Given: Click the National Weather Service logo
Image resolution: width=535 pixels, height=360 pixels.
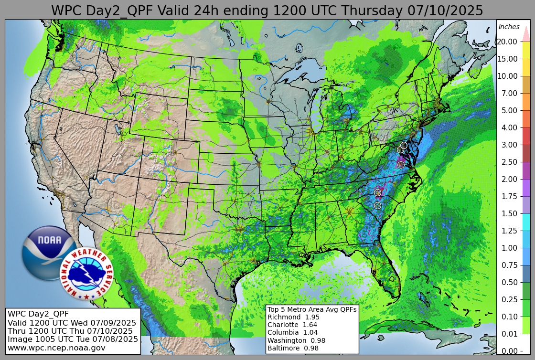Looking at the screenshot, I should [x=86, y=274].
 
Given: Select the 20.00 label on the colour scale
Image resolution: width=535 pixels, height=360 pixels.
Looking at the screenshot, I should [x=507, y=42].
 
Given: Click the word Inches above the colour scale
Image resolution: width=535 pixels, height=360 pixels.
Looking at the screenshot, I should [x=509, y=27].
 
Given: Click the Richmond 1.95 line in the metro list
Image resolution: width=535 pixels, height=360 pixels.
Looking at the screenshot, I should [x=293, y=317].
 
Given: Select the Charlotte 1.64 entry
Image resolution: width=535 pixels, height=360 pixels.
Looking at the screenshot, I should [x=293, y=325].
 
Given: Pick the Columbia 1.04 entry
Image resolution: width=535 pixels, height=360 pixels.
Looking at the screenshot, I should [x=292, y=332].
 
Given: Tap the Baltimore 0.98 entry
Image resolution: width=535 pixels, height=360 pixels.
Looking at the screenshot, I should [x=293, y=348].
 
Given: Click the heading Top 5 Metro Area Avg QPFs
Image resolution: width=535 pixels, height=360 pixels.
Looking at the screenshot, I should [x=312, y=309].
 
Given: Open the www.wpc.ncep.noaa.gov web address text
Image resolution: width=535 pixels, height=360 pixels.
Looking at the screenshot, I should [x=56, y=348].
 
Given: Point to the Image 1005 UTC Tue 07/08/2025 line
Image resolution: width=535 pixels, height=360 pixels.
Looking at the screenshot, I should [x=73, y=339].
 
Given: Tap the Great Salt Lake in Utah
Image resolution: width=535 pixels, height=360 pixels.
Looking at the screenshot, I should [x=118, y=129].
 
